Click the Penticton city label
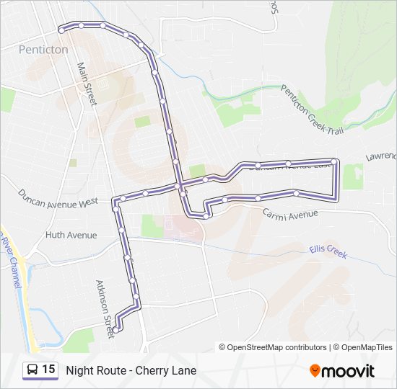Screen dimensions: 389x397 43,50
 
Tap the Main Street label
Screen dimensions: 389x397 87,84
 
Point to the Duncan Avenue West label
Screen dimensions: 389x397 58,198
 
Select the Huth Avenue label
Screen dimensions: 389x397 71,235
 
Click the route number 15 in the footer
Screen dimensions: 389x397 48,370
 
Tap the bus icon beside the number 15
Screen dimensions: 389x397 32,370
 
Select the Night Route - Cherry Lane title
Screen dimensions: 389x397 131,370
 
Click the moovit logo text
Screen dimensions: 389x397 349,371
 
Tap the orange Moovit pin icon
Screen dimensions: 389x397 315,371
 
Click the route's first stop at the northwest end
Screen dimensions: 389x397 61,29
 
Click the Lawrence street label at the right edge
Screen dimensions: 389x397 380,156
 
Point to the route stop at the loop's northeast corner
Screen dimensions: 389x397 333,162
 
